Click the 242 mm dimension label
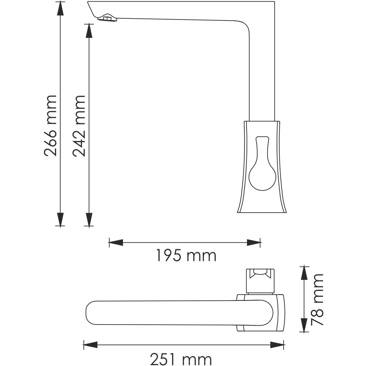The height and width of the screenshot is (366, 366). pos(79,125)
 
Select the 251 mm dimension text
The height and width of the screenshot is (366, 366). pos(181,359)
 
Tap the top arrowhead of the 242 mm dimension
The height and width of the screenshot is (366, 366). pos(89,31)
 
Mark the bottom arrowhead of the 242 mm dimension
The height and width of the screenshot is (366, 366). pos(89,219)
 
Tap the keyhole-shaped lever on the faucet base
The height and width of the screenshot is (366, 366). pos(262,168)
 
